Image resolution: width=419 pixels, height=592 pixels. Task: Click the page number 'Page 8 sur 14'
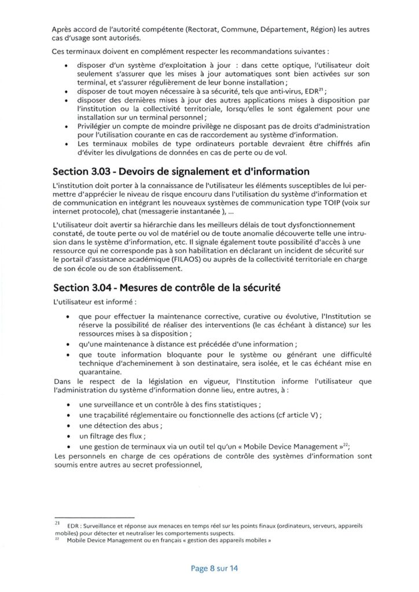pos(214,568)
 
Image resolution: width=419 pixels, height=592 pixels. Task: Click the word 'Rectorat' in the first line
pos(189,29)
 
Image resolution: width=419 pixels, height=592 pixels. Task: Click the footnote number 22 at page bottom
pos(56,539)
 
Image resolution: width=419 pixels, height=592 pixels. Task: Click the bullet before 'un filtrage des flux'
pos(69,436)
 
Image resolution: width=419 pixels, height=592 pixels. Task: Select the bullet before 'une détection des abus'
pos(69,425)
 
